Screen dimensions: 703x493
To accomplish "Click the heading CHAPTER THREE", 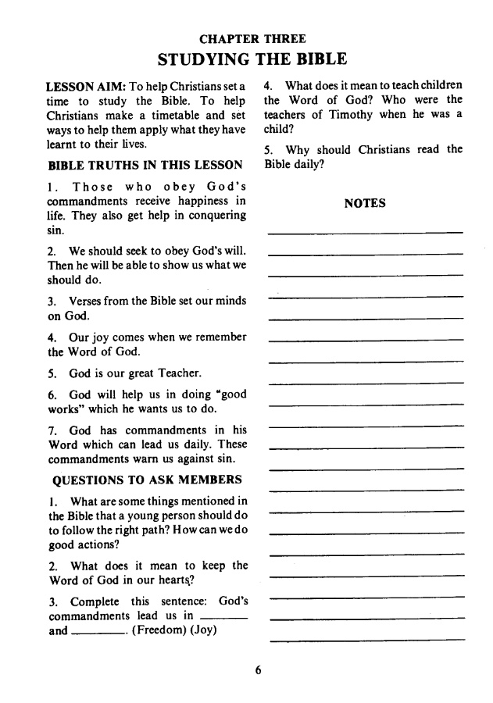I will coord(252,38).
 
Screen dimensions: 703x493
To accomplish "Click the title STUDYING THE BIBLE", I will coord(252,59).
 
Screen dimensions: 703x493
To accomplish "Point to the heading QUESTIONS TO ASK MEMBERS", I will coord(147,479).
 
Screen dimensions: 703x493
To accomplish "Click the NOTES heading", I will coord(365,203).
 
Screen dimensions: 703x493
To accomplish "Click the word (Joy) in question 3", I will coord(203,630).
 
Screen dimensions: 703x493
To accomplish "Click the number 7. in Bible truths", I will coord(52,430).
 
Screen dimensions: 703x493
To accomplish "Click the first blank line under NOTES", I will coord(365,232).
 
